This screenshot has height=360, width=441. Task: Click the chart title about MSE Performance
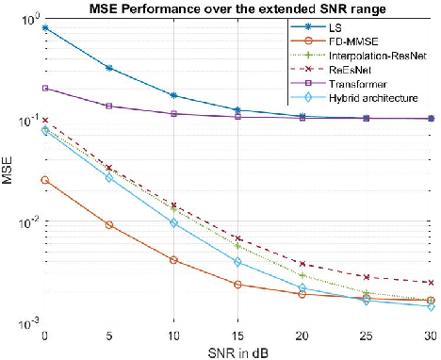click(238, 8)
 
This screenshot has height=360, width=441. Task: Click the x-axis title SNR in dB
click(238, 352)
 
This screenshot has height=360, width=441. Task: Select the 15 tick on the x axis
click(238, 335)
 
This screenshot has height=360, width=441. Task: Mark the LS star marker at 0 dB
click(45, 28)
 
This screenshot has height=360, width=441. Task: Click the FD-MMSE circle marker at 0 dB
click(45, 180)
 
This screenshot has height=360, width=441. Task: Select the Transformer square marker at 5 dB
click(109, 106)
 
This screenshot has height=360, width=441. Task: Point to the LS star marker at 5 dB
click(109, 68)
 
